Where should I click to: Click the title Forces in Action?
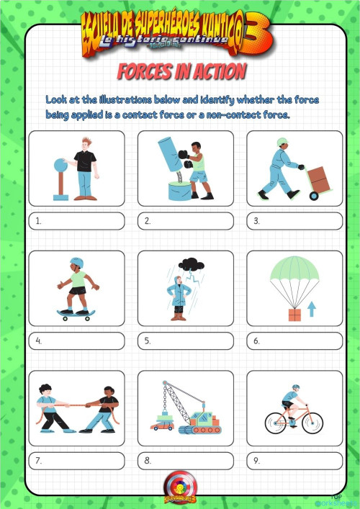(x=181, y=71)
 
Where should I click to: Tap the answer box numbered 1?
(x=77, y=221)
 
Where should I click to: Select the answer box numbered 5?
(x=186, y=341)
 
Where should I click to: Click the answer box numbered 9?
(x=295, y=461)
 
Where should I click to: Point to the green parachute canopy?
(x=294, y=272)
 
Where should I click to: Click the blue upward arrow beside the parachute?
(x=312, y=310)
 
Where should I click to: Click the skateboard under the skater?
(x=75, y=313)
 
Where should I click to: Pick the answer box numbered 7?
(x=77, y=461)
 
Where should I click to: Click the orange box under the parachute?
(x=294, y=314)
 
